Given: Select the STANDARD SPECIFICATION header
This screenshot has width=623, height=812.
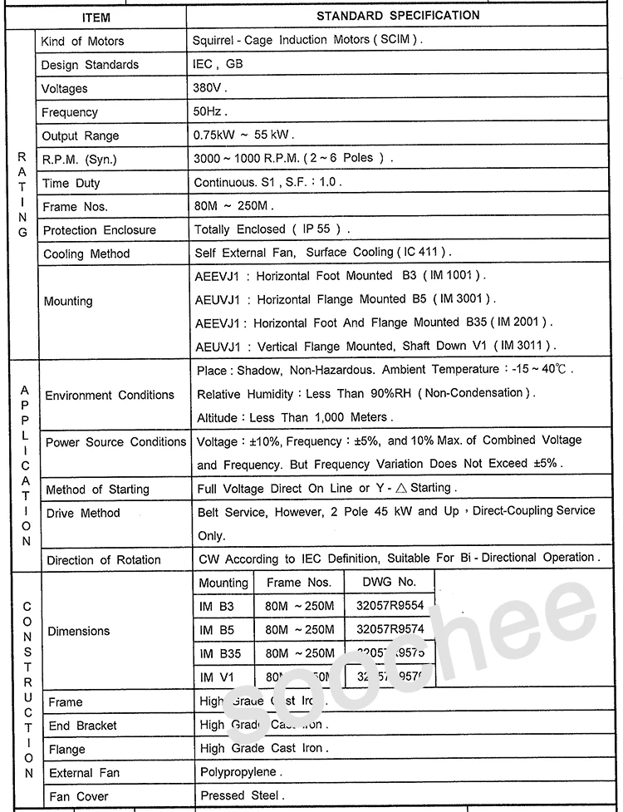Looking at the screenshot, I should pos(398,16).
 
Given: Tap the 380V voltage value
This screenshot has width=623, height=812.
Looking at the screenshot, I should pos(209,87).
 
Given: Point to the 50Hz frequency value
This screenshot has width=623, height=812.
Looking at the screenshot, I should pos(210,111).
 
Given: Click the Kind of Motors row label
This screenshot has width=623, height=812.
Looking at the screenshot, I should pos(83,41).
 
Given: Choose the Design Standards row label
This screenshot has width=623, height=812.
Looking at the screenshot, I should pos(91,65).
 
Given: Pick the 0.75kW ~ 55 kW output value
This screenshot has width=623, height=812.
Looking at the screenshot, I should pos(243,135).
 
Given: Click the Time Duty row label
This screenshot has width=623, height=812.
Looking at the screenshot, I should pos(71,184).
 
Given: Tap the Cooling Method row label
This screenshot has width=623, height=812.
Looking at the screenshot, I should pos(86,253).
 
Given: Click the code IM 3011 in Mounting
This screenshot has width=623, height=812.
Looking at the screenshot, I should pos(525,346).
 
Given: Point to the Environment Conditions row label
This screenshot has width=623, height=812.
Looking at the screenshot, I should pos(110,396).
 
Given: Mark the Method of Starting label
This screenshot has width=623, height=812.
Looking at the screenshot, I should pos(97,490).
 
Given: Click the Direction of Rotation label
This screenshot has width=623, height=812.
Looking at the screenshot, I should pos(104,560).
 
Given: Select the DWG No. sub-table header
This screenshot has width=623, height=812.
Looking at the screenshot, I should pos(391,582).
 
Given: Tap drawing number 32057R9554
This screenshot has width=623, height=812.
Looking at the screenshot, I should pos(390,607).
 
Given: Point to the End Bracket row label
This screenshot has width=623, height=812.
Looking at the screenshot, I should pos(83,726).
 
